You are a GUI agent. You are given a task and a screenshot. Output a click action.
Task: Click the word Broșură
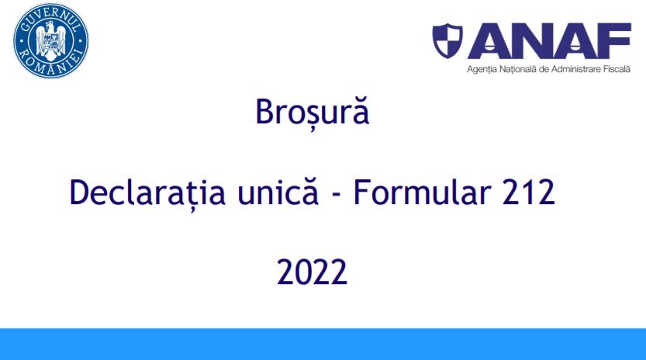click(313, 112)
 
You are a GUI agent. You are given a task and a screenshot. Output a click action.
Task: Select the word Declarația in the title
click(147, 192)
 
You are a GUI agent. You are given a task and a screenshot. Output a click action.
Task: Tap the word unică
click(278, 192)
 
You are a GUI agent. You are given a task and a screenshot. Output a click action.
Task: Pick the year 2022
click(313, 272)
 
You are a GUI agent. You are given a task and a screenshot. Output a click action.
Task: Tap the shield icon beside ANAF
click(447, 40)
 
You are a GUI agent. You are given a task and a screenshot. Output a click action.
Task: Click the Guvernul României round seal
click(50, 41)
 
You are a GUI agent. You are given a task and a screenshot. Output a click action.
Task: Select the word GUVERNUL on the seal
click(50, 19)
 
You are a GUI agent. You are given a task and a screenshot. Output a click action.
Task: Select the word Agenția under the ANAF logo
click(481, 69)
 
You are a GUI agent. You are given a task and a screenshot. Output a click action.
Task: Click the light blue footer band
click(323, 344)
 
